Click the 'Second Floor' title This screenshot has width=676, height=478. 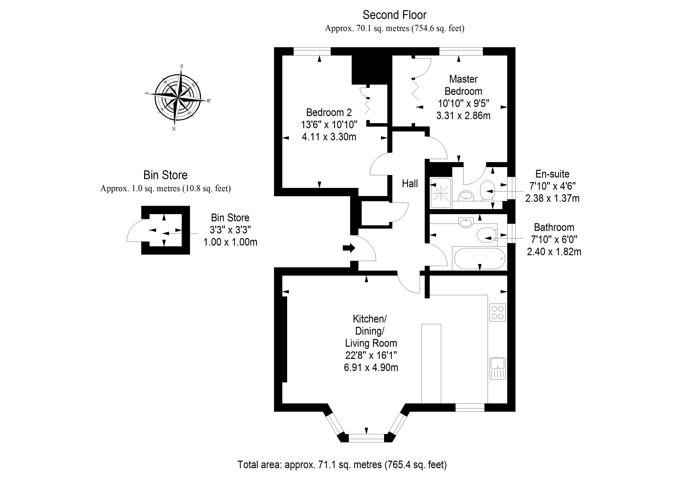coord(394,15)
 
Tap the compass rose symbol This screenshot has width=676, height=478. coord(178,97)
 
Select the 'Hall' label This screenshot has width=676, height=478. coord(410,184)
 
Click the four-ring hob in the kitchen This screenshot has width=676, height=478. coord(498,312)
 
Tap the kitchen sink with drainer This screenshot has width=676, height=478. coord(498,368)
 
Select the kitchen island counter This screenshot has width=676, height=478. coord(431,364)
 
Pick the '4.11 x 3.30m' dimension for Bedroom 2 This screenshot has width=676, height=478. coord(329,137)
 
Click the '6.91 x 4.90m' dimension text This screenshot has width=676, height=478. coord(371,368)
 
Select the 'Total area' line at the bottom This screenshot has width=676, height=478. coord(342,465)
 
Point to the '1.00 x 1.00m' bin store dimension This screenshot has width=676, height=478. coord(230,242)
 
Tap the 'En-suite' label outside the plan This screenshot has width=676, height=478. coord(552,174)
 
